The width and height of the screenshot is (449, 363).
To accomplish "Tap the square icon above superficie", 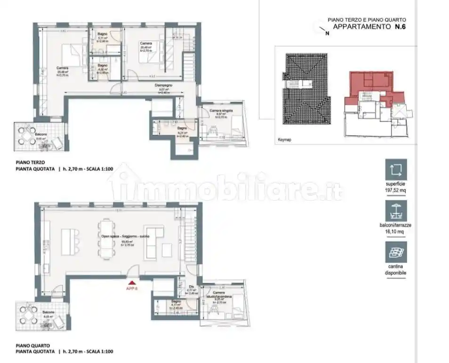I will point(395,169).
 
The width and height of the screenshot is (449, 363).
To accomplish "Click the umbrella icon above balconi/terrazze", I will point(395,211).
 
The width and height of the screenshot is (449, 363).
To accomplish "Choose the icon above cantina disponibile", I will point(395,252).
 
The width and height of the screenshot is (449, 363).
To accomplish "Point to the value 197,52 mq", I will point(395,190).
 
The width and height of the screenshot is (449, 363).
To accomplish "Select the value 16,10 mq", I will point(395,232).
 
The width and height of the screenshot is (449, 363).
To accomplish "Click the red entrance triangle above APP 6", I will point(130,283).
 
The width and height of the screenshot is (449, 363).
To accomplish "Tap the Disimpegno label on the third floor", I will point(164,85).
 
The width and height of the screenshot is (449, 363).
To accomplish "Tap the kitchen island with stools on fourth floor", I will point(71,238).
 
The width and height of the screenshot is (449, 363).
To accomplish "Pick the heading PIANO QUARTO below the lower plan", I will point(32,345).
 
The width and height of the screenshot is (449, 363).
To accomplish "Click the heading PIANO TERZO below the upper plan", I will point(32,162).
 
